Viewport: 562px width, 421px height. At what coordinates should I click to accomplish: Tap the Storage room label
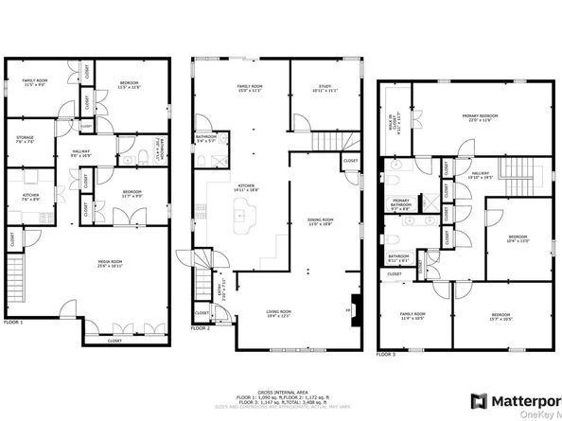click(26, 141)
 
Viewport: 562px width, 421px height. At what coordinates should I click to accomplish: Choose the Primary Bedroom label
click(481, 117)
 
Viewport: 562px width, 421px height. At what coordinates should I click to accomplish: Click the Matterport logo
click(520, 397)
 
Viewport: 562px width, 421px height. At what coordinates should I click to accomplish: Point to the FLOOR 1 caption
click(14, 323)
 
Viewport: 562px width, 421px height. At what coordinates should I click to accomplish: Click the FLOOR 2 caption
click(201, 328)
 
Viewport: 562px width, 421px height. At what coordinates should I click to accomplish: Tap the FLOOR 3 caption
click(386, 355)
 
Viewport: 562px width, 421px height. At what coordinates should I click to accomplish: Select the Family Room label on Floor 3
click(413, 315)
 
